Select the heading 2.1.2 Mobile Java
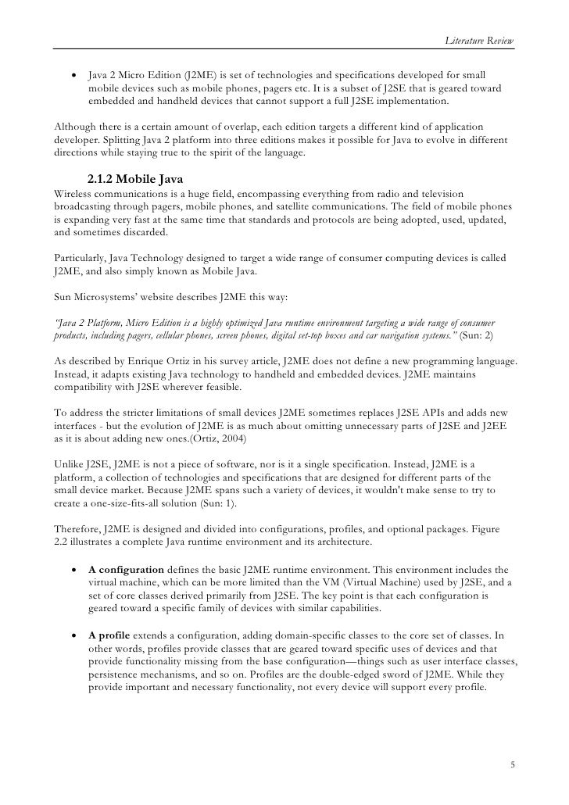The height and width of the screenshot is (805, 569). (x=134, y=180)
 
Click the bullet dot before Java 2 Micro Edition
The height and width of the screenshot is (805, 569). (x=74, y=77)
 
